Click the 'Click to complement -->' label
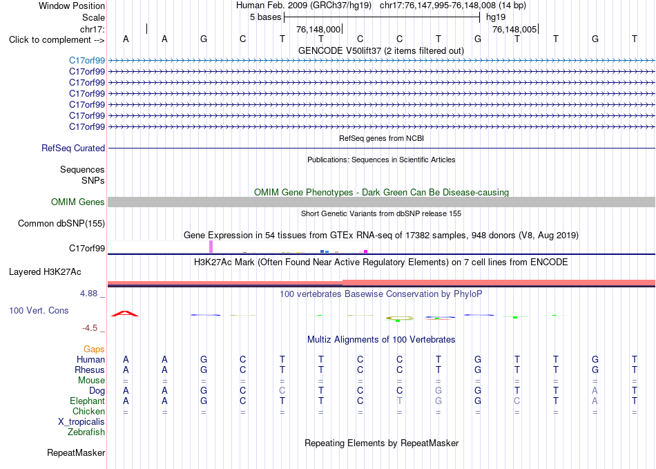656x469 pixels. [57, 40]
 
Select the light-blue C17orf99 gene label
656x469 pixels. [87, 60]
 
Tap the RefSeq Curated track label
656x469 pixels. [73, 148]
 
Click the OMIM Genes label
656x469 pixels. [78, 202]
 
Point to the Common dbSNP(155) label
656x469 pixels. [61, 223]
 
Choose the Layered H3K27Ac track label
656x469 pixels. [45, 272]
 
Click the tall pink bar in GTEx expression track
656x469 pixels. [211, 247]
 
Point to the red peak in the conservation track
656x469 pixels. [125, 313]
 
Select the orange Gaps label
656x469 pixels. [94, 349]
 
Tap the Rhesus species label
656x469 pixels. [90, 370]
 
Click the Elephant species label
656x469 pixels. [87, 401]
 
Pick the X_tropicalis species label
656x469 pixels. [81, 422]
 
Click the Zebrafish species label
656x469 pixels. [86, 432]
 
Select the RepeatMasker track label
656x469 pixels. [76, 452]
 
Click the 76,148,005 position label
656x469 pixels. [514, 29]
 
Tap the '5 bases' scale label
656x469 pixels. [266, 17]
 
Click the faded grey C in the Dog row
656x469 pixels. [282, 390]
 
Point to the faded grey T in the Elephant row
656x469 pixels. [400, 401]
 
